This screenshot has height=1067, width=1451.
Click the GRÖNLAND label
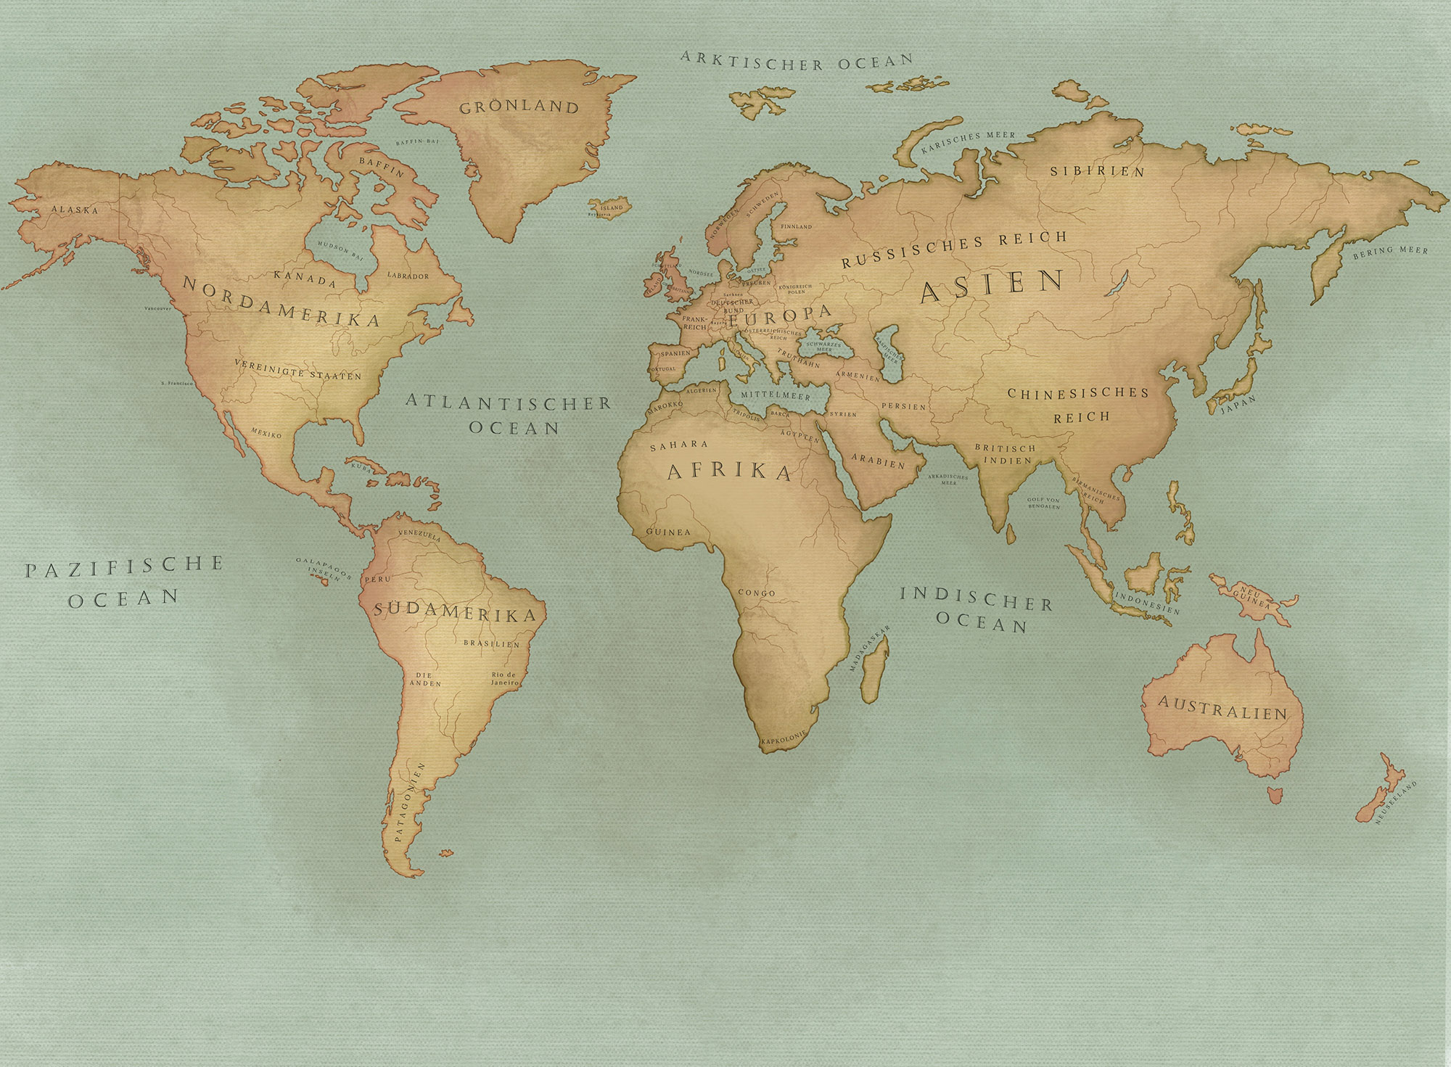[x=519, y=107]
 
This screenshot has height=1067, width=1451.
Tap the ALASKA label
[x=74, y=210]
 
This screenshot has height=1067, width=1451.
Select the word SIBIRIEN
[x=1098, y=171]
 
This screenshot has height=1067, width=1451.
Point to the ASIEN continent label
[x=992, y=286]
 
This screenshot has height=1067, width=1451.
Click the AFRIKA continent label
[x=729, y=471]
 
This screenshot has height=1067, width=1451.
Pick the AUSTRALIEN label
[x=1222, y=707]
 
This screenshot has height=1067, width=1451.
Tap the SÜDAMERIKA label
[x=455, y=613]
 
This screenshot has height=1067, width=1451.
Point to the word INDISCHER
[x=976, y=598]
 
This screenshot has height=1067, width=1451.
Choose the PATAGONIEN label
[x=406, y=802]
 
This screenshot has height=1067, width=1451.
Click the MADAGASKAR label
[x=870, y=647]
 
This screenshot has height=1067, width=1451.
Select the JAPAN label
[x=1238, y=404]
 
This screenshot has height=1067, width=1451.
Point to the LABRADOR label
[x=408, y=276]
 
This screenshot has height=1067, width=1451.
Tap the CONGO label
[x=756, y=593]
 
